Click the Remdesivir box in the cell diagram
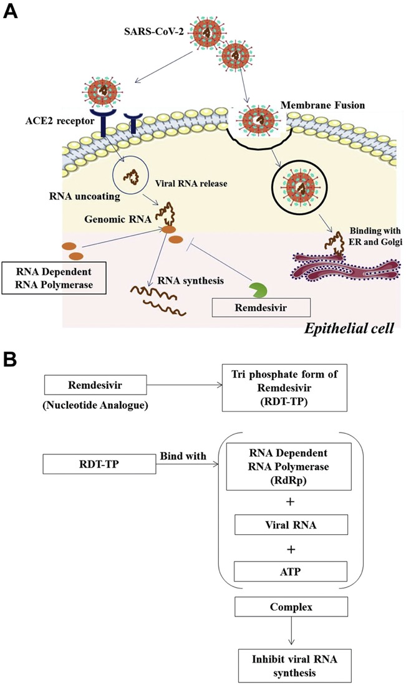[261, 307]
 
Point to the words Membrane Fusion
[322, 105]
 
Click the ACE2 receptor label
[60, 120]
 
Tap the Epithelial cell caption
[349, 328]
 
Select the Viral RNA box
[291, 525]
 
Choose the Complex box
[291, 607]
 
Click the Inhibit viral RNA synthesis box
[294, 665]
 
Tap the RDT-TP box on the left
[99, 464]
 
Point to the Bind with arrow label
[183, 456]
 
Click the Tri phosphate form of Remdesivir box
[284, 388]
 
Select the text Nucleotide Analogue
[95, 405]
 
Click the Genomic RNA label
[118, 218]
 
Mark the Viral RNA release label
[191, 183]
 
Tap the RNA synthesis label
[191, 280]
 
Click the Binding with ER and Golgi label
[375, 236]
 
